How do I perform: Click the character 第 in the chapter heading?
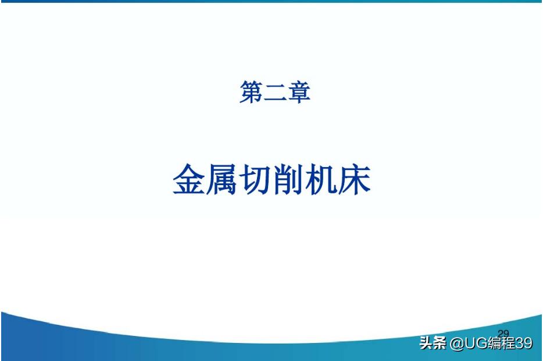(251, 93)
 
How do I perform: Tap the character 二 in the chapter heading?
(275, 93)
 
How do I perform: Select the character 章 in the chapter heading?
(299, 93)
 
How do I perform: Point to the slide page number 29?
(503, 334)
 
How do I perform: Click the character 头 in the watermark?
(426, 344)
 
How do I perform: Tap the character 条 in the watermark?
(440, 344)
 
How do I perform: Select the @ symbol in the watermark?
(455, 344)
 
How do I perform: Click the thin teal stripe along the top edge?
(271, 1)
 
